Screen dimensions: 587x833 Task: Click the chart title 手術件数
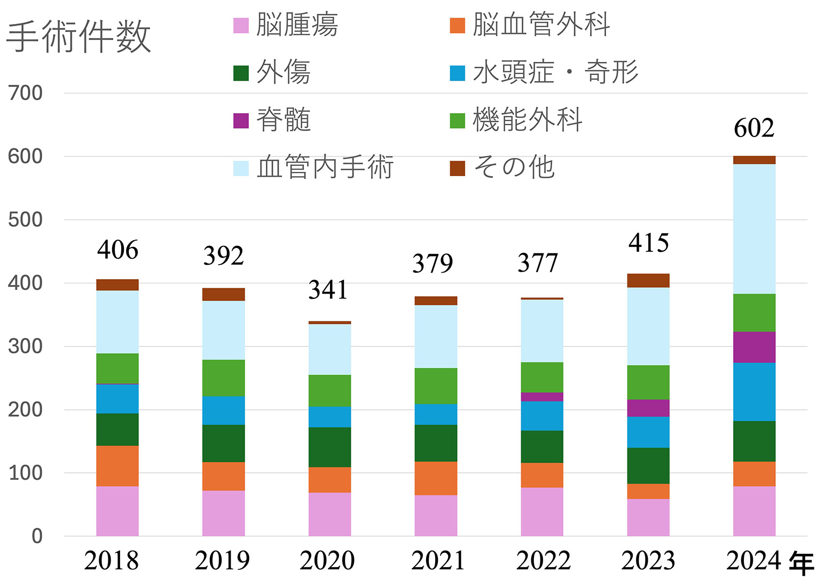[x=78, y=37]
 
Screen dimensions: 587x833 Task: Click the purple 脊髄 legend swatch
[x=241, y=121]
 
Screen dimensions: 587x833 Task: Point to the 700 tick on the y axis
[x=26, y=93]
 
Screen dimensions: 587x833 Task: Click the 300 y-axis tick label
[x=26, y=346]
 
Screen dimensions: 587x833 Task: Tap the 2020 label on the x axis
[x=327, y=561]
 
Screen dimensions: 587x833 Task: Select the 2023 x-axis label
[x=648, y=561]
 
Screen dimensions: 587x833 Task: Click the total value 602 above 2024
[x=754, y=129]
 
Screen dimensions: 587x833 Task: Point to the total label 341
[x=328, y=290]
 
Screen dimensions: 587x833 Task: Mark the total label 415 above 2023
[x=649, y=243]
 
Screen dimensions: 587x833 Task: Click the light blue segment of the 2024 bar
[x=754, y=229]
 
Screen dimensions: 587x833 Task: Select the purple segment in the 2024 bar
[x=754, y=347]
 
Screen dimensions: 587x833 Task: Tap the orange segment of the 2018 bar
[x=117, y=466]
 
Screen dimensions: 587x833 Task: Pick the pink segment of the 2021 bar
[x=436, y=515]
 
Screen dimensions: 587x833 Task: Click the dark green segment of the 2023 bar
[x=648, y=466]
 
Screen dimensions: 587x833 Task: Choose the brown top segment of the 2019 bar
[x=223, y=295]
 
